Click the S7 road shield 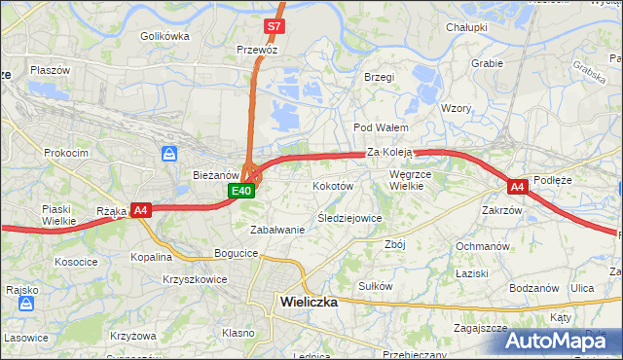click(x=275, y=26)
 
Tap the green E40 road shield click(x=242, y=191)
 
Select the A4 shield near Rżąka click(x=141, y=209)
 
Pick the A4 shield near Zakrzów click(x=517, y=186)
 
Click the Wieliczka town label click(x=309, y=302)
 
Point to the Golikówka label click(x=164, y=36)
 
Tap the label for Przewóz click(x=258, y=48)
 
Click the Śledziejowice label click(x=349, y=218)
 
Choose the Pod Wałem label click(x=380, y=127)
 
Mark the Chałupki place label click(x=466, y=27)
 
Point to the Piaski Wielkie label click(x=59, y=214)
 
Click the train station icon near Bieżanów click(x=169, y=154)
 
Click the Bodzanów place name click(x=534, y=288)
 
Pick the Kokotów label click(x=332, y=185)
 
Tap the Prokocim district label click(x=66, y=153)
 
